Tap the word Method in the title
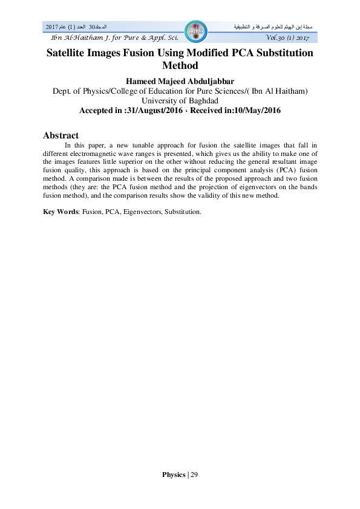(180, 65)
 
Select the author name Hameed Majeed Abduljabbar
(180, 80)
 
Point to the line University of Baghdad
(180, 101)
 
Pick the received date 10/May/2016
(253, 111)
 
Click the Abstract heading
(61, 135)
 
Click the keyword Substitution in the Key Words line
(184, 212)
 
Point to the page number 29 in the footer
(194, 475)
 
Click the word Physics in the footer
(174, 475)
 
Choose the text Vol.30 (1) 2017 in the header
(287, 39)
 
